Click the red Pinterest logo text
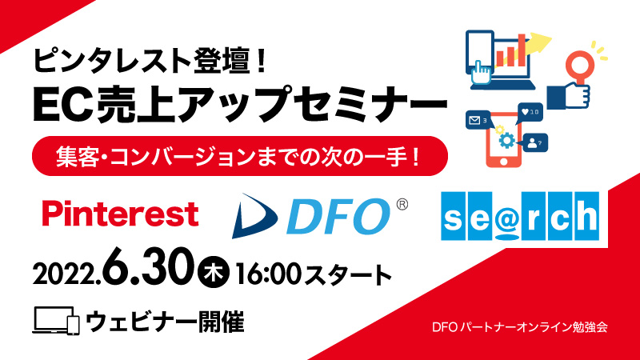(x=121, y=214)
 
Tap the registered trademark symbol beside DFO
(x=402, y=204)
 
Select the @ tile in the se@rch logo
(x=507, y=216)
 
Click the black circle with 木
(x=214, y=272)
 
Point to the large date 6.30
(x=147, y=267)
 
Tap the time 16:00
(x=268, y=274)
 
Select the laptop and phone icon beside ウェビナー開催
(x=56, y=321)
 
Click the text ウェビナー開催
(x=165, y=322)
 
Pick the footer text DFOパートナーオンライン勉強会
(x=519, y=327)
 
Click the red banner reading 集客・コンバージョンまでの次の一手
(x=239, y=156)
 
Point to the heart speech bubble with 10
(x=530, y=112)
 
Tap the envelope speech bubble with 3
(x=478, y=121)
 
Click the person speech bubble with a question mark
(x=534, y=143)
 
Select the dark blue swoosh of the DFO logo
(x=253, y=216)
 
